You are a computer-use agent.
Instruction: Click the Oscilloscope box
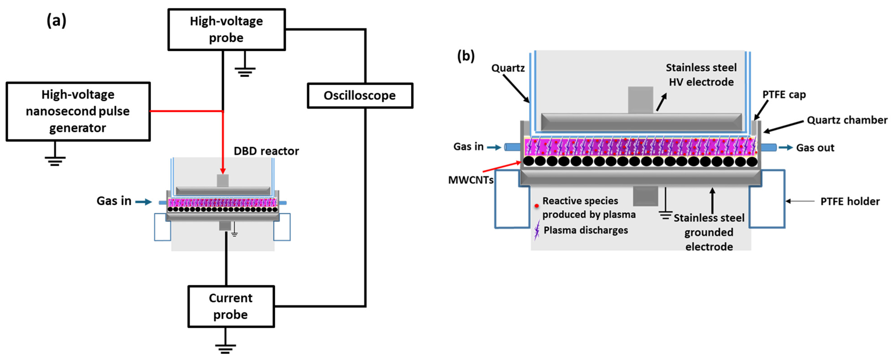click(x=360, y=96)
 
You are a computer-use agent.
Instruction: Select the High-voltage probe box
click(x=226, y=30)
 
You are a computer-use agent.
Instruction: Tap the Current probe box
click(x=231, y=306)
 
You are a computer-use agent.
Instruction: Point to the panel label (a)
click(x=56, y=21)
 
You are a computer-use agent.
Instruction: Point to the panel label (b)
click(x=466, y=56)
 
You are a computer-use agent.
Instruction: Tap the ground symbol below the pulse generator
click(x=55, y=160)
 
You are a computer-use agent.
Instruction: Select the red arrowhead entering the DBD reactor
click(x=223, y=171)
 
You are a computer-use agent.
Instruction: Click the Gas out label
click(x=815, y=148)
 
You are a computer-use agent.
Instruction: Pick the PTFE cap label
click(x=784, y=94)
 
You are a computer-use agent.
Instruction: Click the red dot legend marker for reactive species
click(x=537, y=206)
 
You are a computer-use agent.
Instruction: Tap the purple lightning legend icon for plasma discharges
click(x=537, y=230)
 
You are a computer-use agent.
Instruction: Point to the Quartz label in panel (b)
click(x=508, y=68)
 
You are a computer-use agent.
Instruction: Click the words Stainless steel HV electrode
click(x=701, y=75)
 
